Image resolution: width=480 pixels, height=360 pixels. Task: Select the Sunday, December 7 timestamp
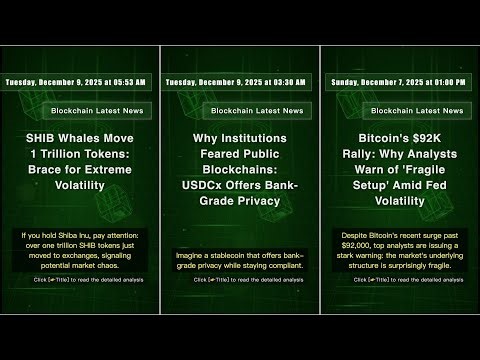coord(398,81)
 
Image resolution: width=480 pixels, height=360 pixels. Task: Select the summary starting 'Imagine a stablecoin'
coord(239,260)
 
